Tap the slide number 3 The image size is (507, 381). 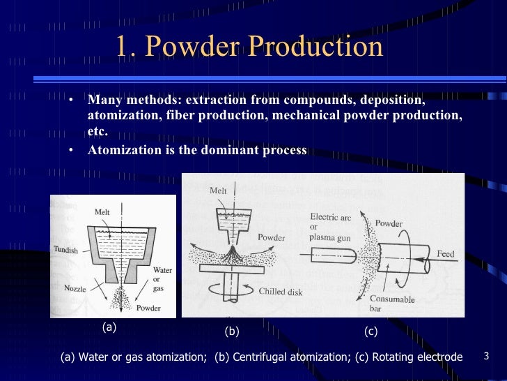point(487,357)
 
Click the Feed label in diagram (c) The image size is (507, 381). point(446,253)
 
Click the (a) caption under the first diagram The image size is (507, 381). point(109,326)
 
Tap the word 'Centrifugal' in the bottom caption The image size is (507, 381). point(259,357)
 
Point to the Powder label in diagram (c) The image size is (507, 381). point(389,224)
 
